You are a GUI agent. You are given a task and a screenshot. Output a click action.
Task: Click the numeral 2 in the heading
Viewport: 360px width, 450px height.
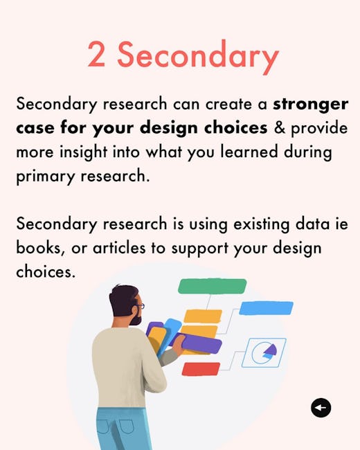coord(96,54)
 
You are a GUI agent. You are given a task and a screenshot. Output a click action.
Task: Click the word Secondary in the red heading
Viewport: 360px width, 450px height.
coord(199,57)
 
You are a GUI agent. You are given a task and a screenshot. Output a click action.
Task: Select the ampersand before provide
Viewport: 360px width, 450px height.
coord(279,127)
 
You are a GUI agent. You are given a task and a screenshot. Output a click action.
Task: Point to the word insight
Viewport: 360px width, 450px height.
coord(84,153)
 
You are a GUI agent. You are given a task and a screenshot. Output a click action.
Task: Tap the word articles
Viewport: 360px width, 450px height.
coord(119,248)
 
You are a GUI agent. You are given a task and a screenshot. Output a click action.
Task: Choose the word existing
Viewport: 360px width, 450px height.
coord(261,225)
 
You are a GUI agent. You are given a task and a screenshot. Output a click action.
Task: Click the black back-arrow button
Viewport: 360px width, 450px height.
coord(321,408)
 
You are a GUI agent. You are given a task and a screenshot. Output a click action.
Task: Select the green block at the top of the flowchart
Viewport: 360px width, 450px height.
coord(212,286)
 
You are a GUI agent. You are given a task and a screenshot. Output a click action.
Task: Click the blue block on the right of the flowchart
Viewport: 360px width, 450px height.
coord(266,308)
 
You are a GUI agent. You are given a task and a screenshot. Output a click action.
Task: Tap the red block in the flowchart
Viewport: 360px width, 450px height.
coord(201,369)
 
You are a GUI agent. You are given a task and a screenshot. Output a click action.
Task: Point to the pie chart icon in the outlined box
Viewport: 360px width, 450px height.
coord(264,352)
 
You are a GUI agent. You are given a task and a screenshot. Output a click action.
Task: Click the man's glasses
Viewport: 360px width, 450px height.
coord(140,306)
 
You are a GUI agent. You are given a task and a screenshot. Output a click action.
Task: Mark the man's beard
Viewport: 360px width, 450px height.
coord(136,318)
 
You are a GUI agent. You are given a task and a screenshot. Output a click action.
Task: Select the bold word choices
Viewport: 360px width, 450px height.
coord(235,128)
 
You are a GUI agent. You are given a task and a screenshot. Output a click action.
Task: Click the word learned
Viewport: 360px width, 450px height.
coord(249,152)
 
